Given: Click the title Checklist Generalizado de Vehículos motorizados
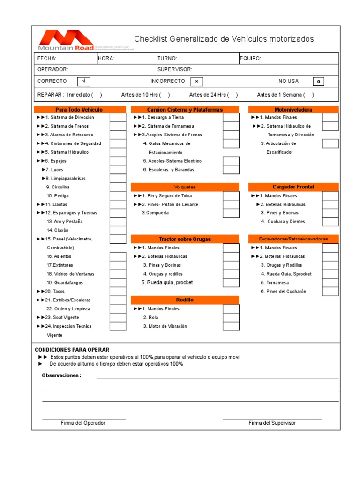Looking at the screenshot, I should [x=224, y=39].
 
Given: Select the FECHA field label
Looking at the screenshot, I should [x=47, y=59].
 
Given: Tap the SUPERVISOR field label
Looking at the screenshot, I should [x=174, y=69].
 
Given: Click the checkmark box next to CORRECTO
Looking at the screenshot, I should [x=83, y=81].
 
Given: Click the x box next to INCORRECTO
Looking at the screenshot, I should [x=197, y=82].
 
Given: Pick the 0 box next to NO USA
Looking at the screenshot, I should [x=318, y=82].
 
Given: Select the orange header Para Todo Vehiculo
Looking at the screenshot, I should [x=79, y=110].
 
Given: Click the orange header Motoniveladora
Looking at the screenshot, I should [x=293, y=110].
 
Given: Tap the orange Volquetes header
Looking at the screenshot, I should [x=185, y=187].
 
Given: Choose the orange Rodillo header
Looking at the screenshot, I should [x=185, y=300].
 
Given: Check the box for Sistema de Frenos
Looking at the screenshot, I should [x=118, y=126].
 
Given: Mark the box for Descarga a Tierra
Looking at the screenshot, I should [x=231, y=118].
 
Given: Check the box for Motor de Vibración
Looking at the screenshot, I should [x=231, y=326].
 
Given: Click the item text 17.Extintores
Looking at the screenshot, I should [x=60, y=265].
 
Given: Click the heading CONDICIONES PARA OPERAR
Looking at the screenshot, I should [x=72, y=350].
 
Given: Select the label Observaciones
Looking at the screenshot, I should [x=61, y=375].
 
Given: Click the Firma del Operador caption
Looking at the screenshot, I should [x=83, y=423].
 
